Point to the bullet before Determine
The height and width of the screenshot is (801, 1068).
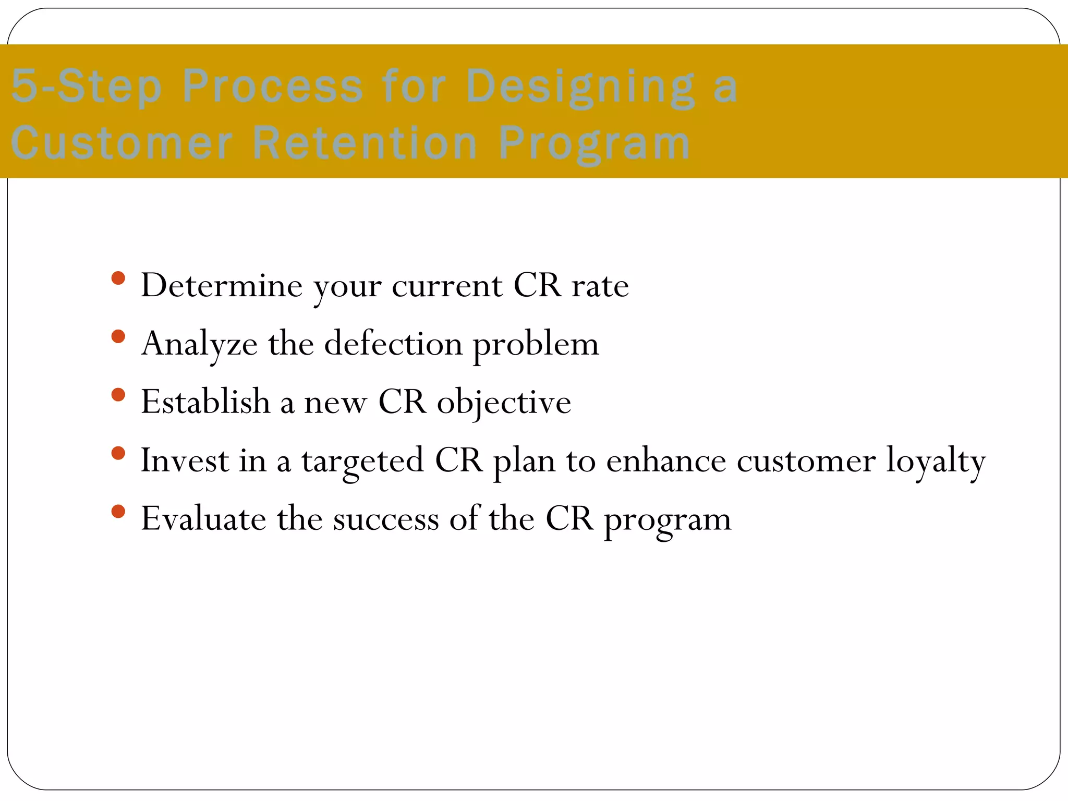[x=118, y=278]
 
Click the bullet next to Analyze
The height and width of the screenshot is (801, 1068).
[x=118, y=336]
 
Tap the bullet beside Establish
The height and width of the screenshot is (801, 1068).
[x=118, y=395]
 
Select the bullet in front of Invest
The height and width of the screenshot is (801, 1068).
[x=118, y=453]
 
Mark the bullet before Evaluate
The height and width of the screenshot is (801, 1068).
[x=118, y=512]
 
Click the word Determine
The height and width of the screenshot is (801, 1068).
[x=222, y=286]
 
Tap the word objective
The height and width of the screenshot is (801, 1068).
[x=504, y=403]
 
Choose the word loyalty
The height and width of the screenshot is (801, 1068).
[x=936, y=461]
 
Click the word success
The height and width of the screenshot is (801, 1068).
[x=386, y=519]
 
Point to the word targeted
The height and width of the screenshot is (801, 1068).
[x=362, y=461]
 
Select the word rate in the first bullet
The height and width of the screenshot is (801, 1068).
[x=600, y=286]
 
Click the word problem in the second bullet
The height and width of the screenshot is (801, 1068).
[x=536, y=344]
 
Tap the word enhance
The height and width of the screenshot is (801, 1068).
[x=666, y=461]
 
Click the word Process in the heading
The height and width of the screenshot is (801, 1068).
[x=272, y=87]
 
